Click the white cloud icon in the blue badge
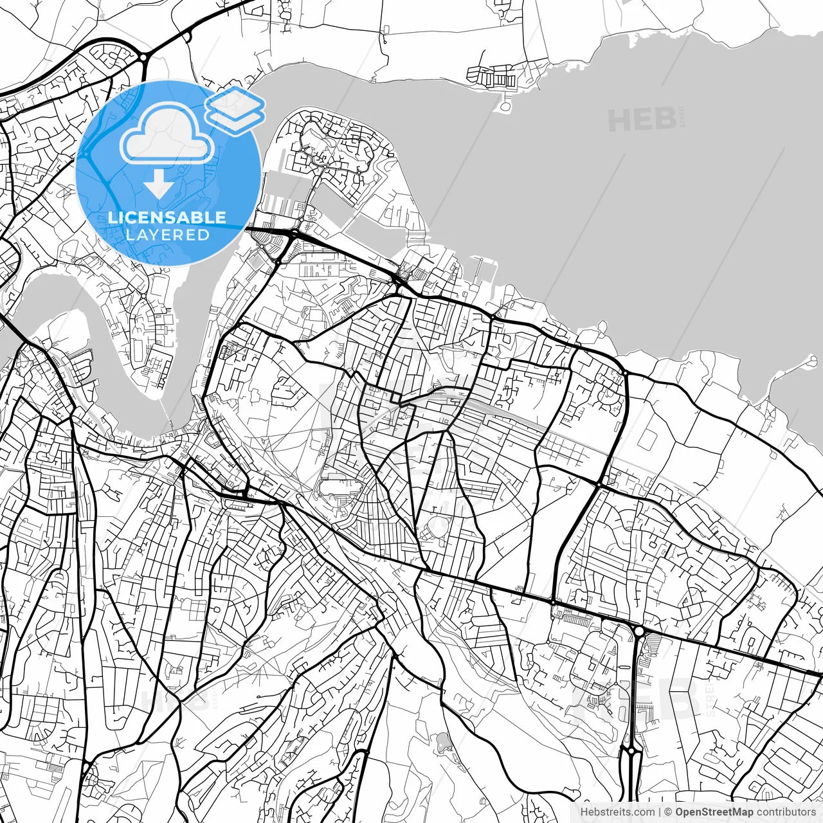167,134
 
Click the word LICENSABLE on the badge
167,217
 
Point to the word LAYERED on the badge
167,235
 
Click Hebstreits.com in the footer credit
617,812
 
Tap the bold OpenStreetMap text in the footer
714,812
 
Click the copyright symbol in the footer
668,812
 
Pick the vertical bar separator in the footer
660,812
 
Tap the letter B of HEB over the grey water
664,120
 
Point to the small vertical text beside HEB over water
681,117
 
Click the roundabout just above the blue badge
142,59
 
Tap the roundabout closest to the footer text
632,750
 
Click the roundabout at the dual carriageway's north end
638,632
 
